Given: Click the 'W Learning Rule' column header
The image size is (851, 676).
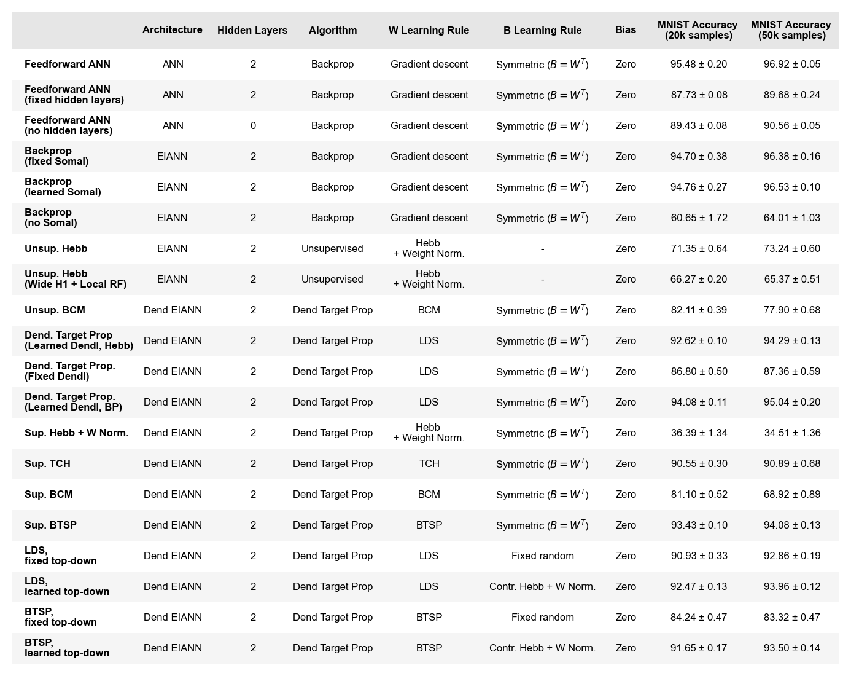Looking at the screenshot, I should [x=429, y=30].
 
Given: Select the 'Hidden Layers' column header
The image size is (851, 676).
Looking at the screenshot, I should [x=252, y=30].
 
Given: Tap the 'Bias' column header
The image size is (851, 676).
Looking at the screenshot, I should [x=626, y=29].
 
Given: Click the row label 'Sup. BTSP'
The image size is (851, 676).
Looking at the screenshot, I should [x=50, y=525].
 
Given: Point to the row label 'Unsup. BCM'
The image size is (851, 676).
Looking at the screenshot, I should [x=55, y=310].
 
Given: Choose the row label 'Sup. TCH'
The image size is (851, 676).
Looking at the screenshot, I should [x=47, y=463].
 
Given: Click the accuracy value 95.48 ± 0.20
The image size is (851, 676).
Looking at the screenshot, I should [x=699, y=64].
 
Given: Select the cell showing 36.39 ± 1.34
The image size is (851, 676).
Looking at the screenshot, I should [x=699, y=433].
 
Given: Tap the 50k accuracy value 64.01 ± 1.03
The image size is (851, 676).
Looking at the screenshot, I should [x=792, y=218].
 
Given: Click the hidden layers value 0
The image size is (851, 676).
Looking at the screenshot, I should [x=253, y=125].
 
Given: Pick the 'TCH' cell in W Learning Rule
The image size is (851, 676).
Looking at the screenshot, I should [x=429, y=463].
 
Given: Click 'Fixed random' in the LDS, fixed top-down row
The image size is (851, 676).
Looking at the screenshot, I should [x=542, y=556].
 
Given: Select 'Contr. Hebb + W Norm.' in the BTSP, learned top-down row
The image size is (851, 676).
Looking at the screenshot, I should [x=542, y=648].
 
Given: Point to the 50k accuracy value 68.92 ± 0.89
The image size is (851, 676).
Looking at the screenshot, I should [x=792, y=494].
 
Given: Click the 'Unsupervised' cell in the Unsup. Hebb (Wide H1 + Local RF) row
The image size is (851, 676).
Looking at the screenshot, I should [x=332, y=279].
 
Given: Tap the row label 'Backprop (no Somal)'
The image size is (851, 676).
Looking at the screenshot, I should [x=51, y=218].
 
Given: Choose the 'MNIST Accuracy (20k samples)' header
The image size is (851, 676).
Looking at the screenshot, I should [x=698, y=30].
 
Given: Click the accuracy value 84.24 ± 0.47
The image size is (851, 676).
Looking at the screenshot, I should [x=699, y=617].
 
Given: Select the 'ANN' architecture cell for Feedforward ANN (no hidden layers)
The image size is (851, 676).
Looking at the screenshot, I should [x=173, y=125].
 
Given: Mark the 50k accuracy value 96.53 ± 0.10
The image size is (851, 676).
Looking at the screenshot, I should [x=792, y=187].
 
